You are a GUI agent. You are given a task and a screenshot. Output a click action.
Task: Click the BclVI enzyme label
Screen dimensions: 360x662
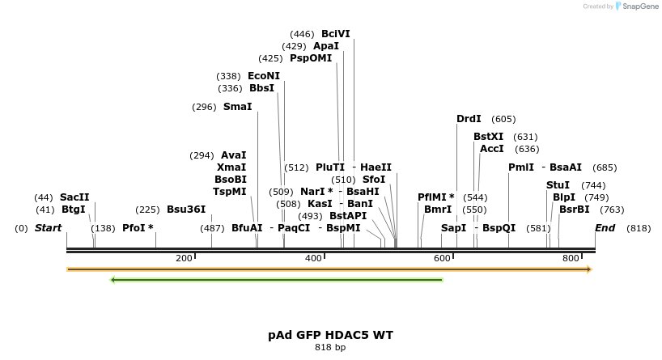pyautogui.click(x=336, y=34)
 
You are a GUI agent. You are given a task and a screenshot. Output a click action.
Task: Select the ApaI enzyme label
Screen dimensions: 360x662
pyautogui.click(x=326, y=46)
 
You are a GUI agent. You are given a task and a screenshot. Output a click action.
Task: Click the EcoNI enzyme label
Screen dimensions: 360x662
pyautogui.click(x=264, y=76)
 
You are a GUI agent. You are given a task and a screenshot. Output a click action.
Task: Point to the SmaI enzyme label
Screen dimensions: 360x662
pyautogui.click(x=237, y=107)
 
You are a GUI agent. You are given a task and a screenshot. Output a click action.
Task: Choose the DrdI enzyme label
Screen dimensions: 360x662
pyautogui.click(x=469, y=119)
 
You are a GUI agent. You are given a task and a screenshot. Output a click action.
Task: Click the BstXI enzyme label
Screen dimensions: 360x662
pyautogui.click(x=488, y=137)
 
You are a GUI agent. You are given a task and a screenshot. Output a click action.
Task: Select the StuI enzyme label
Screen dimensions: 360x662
pyautogui.click(x=558, y=185)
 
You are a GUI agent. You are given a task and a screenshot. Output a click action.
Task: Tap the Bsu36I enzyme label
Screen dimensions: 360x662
pyautogui.click(x=186, y=210)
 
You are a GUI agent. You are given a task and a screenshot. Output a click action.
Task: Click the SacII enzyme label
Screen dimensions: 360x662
pyautogui.click(x=74, y=197)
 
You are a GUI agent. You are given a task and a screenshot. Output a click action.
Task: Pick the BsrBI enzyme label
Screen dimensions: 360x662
pyautogui.click(x=575, y=210)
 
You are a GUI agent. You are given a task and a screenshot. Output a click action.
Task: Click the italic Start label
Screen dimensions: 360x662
pyautogui.click(x=48, y=228)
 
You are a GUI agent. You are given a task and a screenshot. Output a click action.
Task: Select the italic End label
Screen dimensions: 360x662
pyautogui.click(x=605, y=228)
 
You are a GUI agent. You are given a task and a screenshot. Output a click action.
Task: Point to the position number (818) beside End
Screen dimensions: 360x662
pyautogui.click(x=639, y=228)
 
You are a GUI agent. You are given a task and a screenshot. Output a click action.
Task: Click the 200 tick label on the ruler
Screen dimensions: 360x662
pyautogui.click(x=184, y=258)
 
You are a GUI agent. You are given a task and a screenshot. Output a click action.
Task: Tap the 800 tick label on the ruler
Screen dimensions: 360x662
pyautogui.click(x=571, y=258)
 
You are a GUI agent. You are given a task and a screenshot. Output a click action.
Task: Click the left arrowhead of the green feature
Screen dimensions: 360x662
pyautogui.click(x=112, y=280)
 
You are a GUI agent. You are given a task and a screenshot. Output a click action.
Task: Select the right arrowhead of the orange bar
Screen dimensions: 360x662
pyautogui.click(x=589, y=269)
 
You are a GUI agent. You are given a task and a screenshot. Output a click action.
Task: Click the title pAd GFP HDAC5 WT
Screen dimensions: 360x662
pyautogui.click(x=330, y=334)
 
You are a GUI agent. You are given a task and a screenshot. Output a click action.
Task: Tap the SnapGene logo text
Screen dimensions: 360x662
pyautogui.click(x=639, y=6)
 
